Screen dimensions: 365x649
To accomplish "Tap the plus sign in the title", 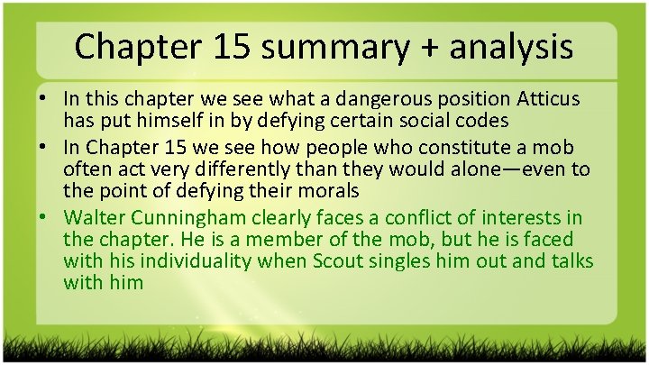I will (423, 47).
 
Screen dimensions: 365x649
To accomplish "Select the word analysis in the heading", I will (509, 47).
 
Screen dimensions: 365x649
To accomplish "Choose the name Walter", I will (95, 219).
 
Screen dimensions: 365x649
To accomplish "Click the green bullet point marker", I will (46, 219).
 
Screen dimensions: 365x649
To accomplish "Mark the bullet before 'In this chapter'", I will (46, 97).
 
